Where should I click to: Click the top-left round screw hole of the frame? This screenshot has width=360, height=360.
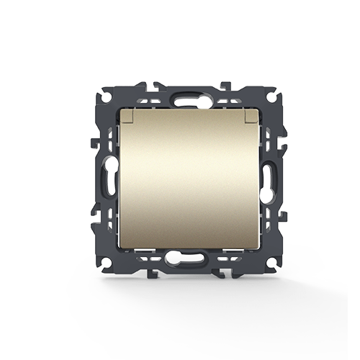[97, 94]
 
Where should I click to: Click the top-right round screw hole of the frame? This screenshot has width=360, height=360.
[271, 94]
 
